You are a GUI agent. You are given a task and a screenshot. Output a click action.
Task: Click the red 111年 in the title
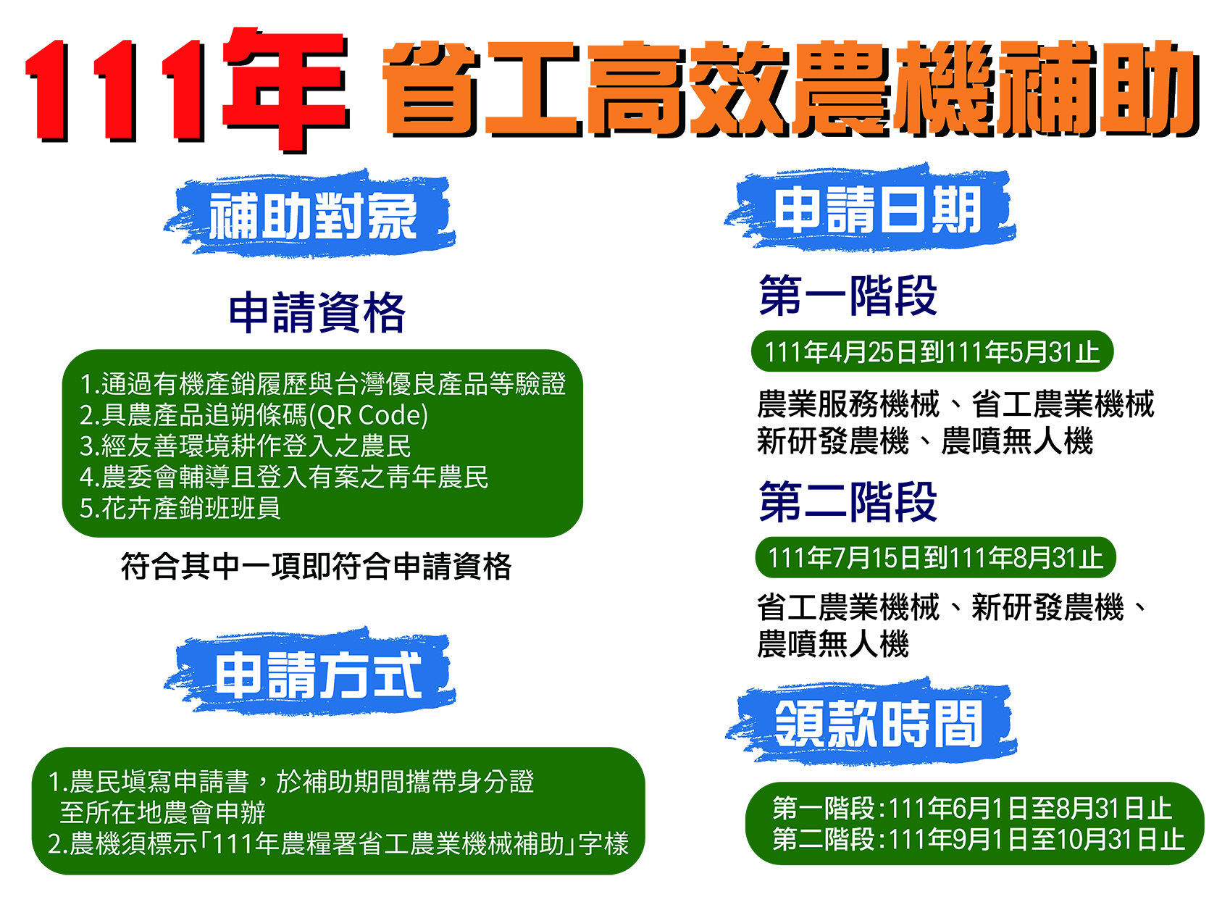188,90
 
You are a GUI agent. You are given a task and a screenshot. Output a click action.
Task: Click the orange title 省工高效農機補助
791,90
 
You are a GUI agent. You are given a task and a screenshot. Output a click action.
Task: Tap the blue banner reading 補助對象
309,214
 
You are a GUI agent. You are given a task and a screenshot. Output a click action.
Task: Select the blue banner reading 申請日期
870,209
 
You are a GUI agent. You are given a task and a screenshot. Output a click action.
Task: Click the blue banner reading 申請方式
309,672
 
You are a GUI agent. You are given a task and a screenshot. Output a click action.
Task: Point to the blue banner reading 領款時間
871,723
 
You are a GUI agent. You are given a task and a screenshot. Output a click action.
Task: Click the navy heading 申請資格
317,312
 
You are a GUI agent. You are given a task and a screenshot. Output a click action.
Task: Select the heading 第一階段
848,296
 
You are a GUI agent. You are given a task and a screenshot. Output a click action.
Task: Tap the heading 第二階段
848,501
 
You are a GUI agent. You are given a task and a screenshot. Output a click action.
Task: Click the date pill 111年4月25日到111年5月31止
932,351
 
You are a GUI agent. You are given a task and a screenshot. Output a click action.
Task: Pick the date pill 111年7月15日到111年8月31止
935,557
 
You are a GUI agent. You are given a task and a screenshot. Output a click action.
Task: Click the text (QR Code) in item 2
369,415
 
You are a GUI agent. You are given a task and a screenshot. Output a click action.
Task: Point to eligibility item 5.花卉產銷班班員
180,508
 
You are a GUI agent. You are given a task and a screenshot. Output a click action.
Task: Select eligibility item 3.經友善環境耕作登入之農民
246,446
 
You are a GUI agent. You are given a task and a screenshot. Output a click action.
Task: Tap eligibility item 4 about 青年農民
284,477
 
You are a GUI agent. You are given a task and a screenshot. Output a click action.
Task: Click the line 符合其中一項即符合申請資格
317,567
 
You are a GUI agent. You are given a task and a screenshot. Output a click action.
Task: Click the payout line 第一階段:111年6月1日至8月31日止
972,808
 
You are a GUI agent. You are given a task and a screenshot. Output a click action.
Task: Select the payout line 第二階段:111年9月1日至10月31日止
979,839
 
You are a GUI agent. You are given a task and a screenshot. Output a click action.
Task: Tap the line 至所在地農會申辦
162,812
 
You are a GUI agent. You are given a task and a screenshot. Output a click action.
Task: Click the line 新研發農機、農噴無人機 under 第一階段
925,441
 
